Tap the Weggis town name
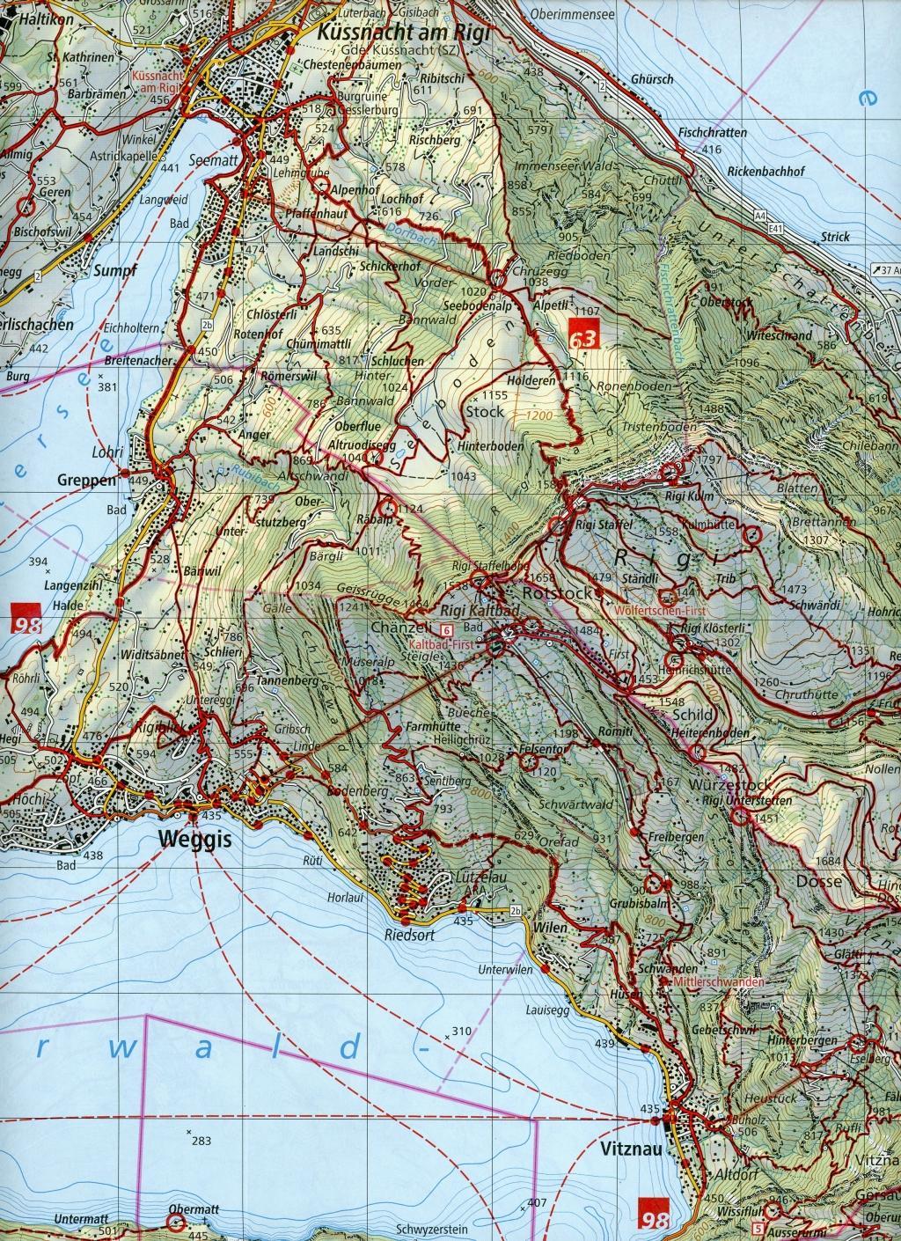coord(195,839)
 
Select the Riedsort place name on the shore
coord(408,934)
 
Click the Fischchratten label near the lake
coord(712,133)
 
